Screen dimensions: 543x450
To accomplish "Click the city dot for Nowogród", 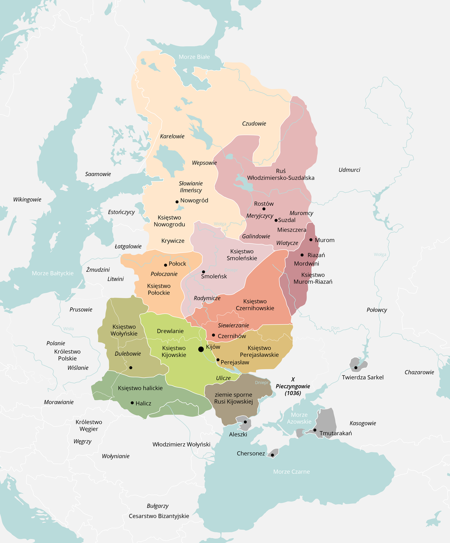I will click(x=177, y=202).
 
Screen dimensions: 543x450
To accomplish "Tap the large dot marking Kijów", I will click(x=201, y=349).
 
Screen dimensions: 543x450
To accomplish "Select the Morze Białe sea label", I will click(x=194, y=57).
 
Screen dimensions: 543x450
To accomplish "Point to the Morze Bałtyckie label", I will click(x=52, y=273).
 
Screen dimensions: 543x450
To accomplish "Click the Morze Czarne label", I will click(x=292, y=472).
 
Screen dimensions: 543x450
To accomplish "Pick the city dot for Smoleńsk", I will click(x=203, y=272).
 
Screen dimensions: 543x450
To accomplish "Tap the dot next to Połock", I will click(x=165, y=265).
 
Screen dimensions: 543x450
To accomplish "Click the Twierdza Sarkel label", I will click(x=362, y=377).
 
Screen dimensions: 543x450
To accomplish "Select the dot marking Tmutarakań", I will click(x=315, y=430).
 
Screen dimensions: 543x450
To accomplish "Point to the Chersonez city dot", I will click(x=272, y=455).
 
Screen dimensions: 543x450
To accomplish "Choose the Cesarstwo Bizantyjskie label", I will click(x=159, y=516).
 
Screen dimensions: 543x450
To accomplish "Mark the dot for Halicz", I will click(x=133, y=402).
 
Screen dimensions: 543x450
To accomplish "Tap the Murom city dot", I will click(x=311, y=240).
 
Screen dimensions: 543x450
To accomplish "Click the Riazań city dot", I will click(x=302, y=255).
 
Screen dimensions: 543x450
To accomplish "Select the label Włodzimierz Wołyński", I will click(x=181, y=444).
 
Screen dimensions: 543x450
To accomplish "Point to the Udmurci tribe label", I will click(x=349, y=170).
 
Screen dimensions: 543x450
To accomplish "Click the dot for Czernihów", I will click(x=214, y=335).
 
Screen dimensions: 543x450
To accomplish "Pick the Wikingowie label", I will click(x=27, y=200).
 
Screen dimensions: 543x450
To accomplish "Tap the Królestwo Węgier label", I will click(x=89, y=425).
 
